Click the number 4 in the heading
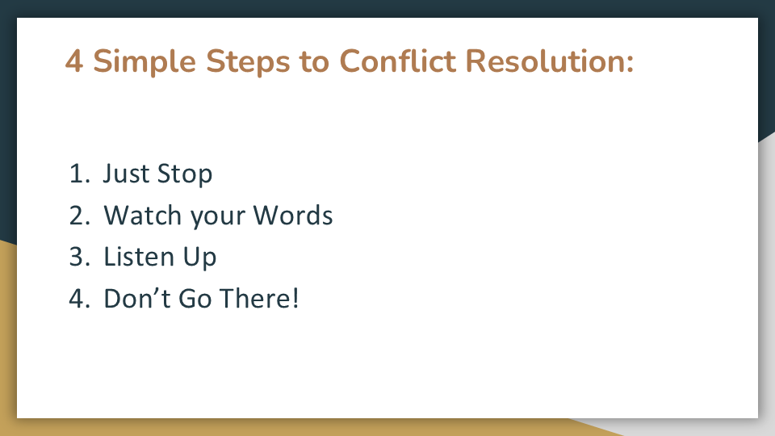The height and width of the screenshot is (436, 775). coord(74,61)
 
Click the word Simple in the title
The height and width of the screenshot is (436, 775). coord(145,62)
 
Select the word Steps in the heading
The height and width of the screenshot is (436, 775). coord(248,62)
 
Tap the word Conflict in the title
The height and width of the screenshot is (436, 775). coord(397,61)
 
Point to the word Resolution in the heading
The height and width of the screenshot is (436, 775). coord(543,61)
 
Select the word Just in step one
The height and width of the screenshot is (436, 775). coord(126,174)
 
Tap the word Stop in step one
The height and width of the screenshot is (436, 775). coord(185,174)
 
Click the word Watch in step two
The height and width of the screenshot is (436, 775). coord(143,215)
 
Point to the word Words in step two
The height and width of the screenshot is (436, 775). coord(293,215)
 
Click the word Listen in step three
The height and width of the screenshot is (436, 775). coord(139,257)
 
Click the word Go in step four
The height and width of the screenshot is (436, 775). coord(195,299)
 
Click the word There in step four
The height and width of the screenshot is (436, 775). coord(254,298)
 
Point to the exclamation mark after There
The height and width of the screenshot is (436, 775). coord(295,298)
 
